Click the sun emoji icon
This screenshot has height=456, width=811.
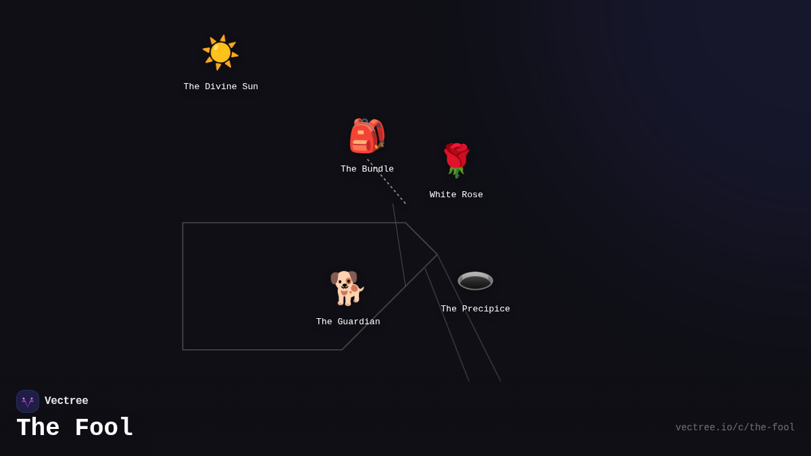tap(220, 53)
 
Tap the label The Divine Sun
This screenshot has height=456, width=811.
tap(220, 87)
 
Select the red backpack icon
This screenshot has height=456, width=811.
tap(367, 136)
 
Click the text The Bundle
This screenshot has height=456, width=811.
tap(367, 170)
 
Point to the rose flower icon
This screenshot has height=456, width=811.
tap(456, 160)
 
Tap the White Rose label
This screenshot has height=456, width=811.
tap(456, 195)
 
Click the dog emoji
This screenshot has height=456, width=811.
tap(347, 288)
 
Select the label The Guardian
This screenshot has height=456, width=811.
tap(348, 322)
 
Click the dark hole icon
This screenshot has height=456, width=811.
tap(475, 280)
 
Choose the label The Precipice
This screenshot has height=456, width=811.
tap(475, 309)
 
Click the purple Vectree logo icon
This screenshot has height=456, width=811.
tap(28, 401)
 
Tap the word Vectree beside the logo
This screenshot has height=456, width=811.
tap(66, 401)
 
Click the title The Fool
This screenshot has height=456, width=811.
tap(74, 428)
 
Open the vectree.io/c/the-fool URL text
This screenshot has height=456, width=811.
tap(735, 428)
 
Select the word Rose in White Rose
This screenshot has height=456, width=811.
tap(472, 195)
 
